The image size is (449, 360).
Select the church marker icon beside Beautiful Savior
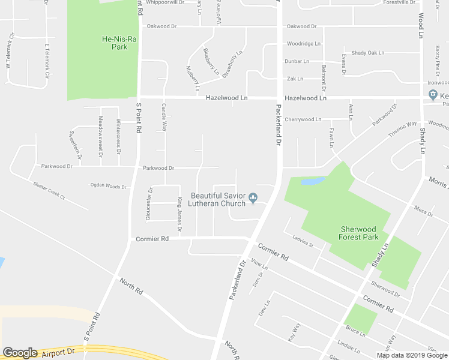pyautogui.click(x=253, y=197)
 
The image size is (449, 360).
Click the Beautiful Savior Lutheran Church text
pyautogui.click(x=217, y=199)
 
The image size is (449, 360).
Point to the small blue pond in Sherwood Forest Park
pyautogui.click(x=312, y=181)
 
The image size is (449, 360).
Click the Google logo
pyautogui.click(x=20, y=353)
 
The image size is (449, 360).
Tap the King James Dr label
pyautogui.click(x=179, y=215)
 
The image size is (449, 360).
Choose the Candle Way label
pyautogui.click(x=163, y=118)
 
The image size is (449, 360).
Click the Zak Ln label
pyautogui.click(x=295, y=79)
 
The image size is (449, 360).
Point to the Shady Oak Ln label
pyautogui.click(x=367, y=53)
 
